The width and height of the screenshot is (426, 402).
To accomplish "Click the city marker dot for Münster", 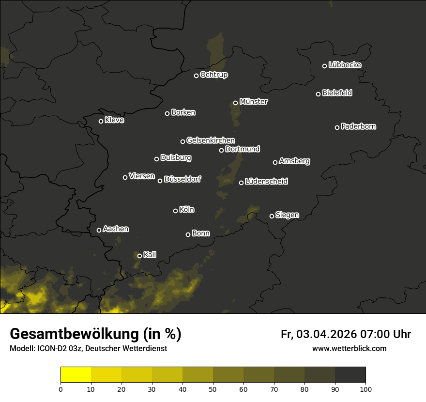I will click(x=236, y=103).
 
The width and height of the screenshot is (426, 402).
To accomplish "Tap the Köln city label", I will click(x=187, y=210).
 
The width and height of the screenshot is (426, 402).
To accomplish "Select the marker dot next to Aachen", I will click(x=99, y=230).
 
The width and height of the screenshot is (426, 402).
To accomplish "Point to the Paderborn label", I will click(x=359, y=126).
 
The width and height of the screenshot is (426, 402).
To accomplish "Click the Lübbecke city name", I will click(x=345, y=65).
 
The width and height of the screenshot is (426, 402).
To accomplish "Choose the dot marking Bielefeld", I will click(x=319, y=94).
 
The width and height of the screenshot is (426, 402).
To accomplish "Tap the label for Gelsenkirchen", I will click(x=211, y=140).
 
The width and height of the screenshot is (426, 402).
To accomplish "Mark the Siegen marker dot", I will click(x=272, y=216).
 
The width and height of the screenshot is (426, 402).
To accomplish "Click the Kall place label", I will click(x=150, y=255).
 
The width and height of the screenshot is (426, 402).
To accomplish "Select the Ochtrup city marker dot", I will click(x=197, y=76).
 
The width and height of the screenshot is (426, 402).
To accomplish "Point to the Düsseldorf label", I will click(x=183, y=179).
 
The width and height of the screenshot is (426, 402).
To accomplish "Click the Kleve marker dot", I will click(x=101, y=121).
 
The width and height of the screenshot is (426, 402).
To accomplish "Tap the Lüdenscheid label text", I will click(x=267, y=182).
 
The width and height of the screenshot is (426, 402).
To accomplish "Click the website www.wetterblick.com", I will click(x=350, y=348).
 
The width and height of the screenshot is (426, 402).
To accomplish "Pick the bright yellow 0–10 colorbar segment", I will click(x=76, y=375).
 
